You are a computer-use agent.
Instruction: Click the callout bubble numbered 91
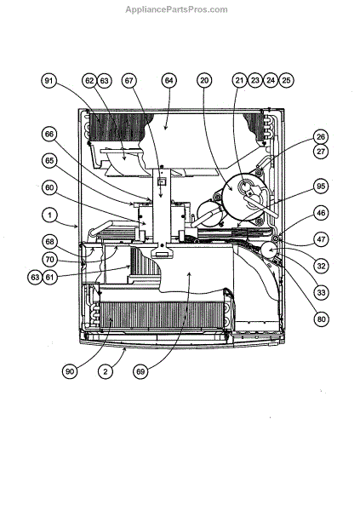(x=49, y=81)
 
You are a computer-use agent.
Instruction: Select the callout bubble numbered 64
(x=169, y=81)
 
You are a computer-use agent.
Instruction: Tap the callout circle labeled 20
(x=204, y=80)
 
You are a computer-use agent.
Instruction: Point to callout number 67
(x=129, y=81)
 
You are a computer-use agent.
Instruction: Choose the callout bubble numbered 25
(x=286, y=80)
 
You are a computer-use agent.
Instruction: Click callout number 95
(x=321, y=186)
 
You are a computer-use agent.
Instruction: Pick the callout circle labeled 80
(x=321, y=319)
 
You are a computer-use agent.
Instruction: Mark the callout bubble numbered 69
(x=140, y=371)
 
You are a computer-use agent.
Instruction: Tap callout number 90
(x=70, y=371)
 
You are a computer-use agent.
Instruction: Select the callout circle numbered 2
(x=106, y=371)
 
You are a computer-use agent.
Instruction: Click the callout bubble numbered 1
(x=49, y=215)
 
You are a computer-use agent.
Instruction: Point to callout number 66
(x=49, y=135)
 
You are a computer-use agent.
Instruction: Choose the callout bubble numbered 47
(x=321, y=239)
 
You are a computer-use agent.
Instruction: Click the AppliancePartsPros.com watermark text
(x=176, y=9)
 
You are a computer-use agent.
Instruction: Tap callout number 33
(x=321, y=292)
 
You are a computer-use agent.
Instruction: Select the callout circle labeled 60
(x=49, y=188)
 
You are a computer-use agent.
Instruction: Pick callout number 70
(x=49, y=260)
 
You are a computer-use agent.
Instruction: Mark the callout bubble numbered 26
(x=321, y=137)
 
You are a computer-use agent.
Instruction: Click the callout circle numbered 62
(x=89, y=81)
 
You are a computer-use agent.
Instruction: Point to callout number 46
(x=321, y=213)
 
